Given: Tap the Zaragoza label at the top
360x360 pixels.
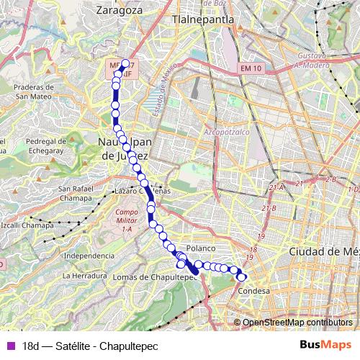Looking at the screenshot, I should pyautogui.click(x=117, y=12).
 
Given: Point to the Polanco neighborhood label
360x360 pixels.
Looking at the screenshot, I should pyautogui.click(x=200, y=248).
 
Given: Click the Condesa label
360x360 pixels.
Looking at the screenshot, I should pyautogui.click(x=253, y=291).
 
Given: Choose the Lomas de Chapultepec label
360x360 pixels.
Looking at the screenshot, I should pyautogui.click(x=150, y=277).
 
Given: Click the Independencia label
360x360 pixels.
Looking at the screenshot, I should pyautogui.click(x=89, y=256).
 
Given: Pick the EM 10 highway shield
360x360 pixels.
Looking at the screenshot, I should pyautogui.click(x=245, y=68).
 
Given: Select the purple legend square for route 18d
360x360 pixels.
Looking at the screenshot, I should pyautogui.click(x=9, y=346).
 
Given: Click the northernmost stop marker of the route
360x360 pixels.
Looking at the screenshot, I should pyautogui.click(x=125, y=63).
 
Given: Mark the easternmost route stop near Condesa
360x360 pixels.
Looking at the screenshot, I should pyautogui.click(x=242, y=276).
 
